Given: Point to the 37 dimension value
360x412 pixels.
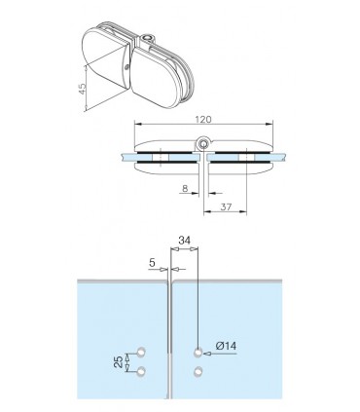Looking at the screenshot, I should [225, 207].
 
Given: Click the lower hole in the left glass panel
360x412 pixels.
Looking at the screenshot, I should [142, 372].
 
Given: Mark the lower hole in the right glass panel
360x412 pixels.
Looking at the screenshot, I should [198, 372].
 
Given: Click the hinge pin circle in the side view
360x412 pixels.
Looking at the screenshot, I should [201, 145].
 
